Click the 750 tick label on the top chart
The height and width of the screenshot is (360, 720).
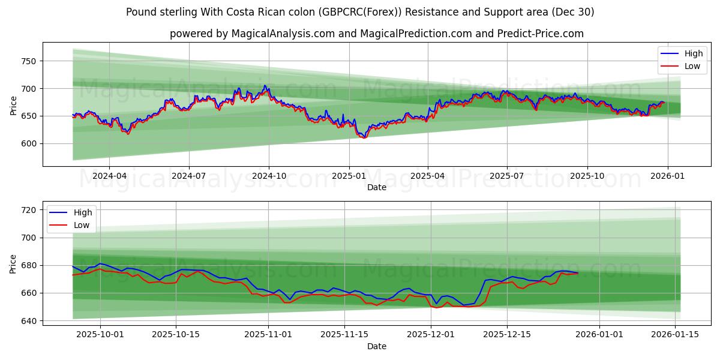[29, 61]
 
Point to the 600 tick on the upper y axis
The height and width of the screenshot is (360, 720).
[29, 143]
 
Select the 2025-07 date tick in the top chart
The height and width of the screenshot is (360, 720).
[507, 176]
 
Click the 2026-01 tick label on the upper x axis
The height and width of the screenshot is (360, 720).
[667, 176]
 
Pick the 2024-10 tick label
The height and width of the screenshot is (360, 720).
[268, 176]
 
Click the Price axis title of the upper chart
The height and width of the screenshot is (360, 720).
[14, 104]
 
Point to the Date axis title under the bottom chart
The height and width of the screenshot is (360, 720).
[376, 346]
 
